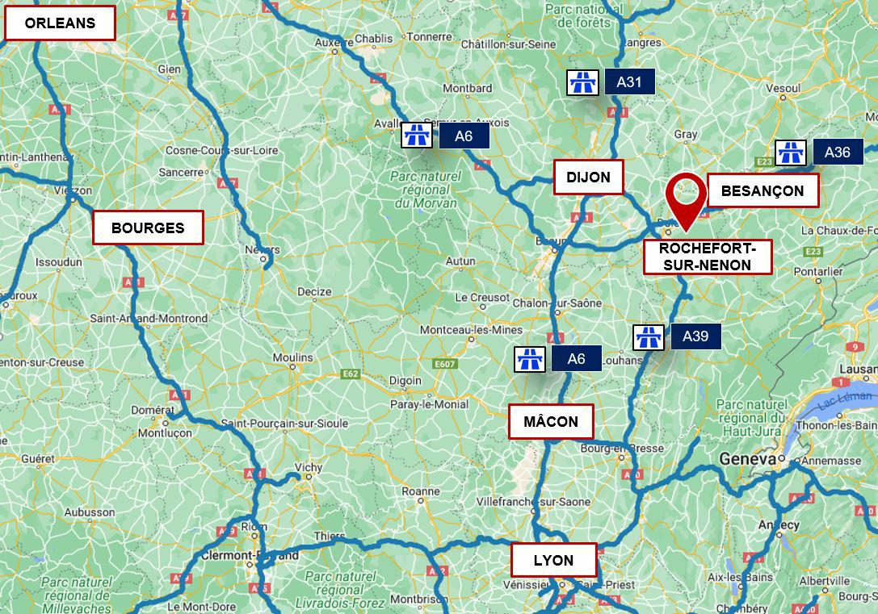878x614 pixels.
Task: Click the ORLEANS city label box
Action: [60, 23]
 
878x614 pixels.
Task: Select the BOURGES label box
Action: [148, 228]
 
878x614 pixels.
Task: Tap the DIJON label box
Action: [588, 177]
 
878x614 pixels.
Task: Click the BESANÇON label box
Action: [762, 190]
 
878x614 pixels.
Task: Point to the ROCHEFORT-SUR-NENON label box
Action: [707, 257]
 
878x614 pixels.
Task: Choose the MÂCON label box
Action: [551, 421]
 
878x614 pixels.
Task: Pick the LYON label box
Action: [553, 560]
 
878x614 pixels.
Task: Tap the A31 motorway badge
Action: [628, 81]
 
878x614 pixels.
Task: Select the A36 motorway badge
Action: [838, 152]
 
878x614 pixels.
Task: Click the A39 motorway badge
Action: [695, 336]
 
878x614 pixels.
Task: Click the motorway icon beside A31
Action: [582, 81]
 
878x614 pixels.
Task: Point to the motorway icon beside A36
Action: [790, 152]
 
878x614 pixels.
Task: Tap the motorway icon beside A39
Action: [648, 336]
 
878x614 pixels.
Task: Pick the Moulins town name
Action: [292, 357]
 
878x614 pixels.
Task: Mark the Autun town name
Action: [460, 261]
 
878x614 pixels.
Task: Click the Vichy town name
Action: [309, 467]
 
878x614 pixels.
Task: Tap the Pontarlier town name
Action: [817, 272]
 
